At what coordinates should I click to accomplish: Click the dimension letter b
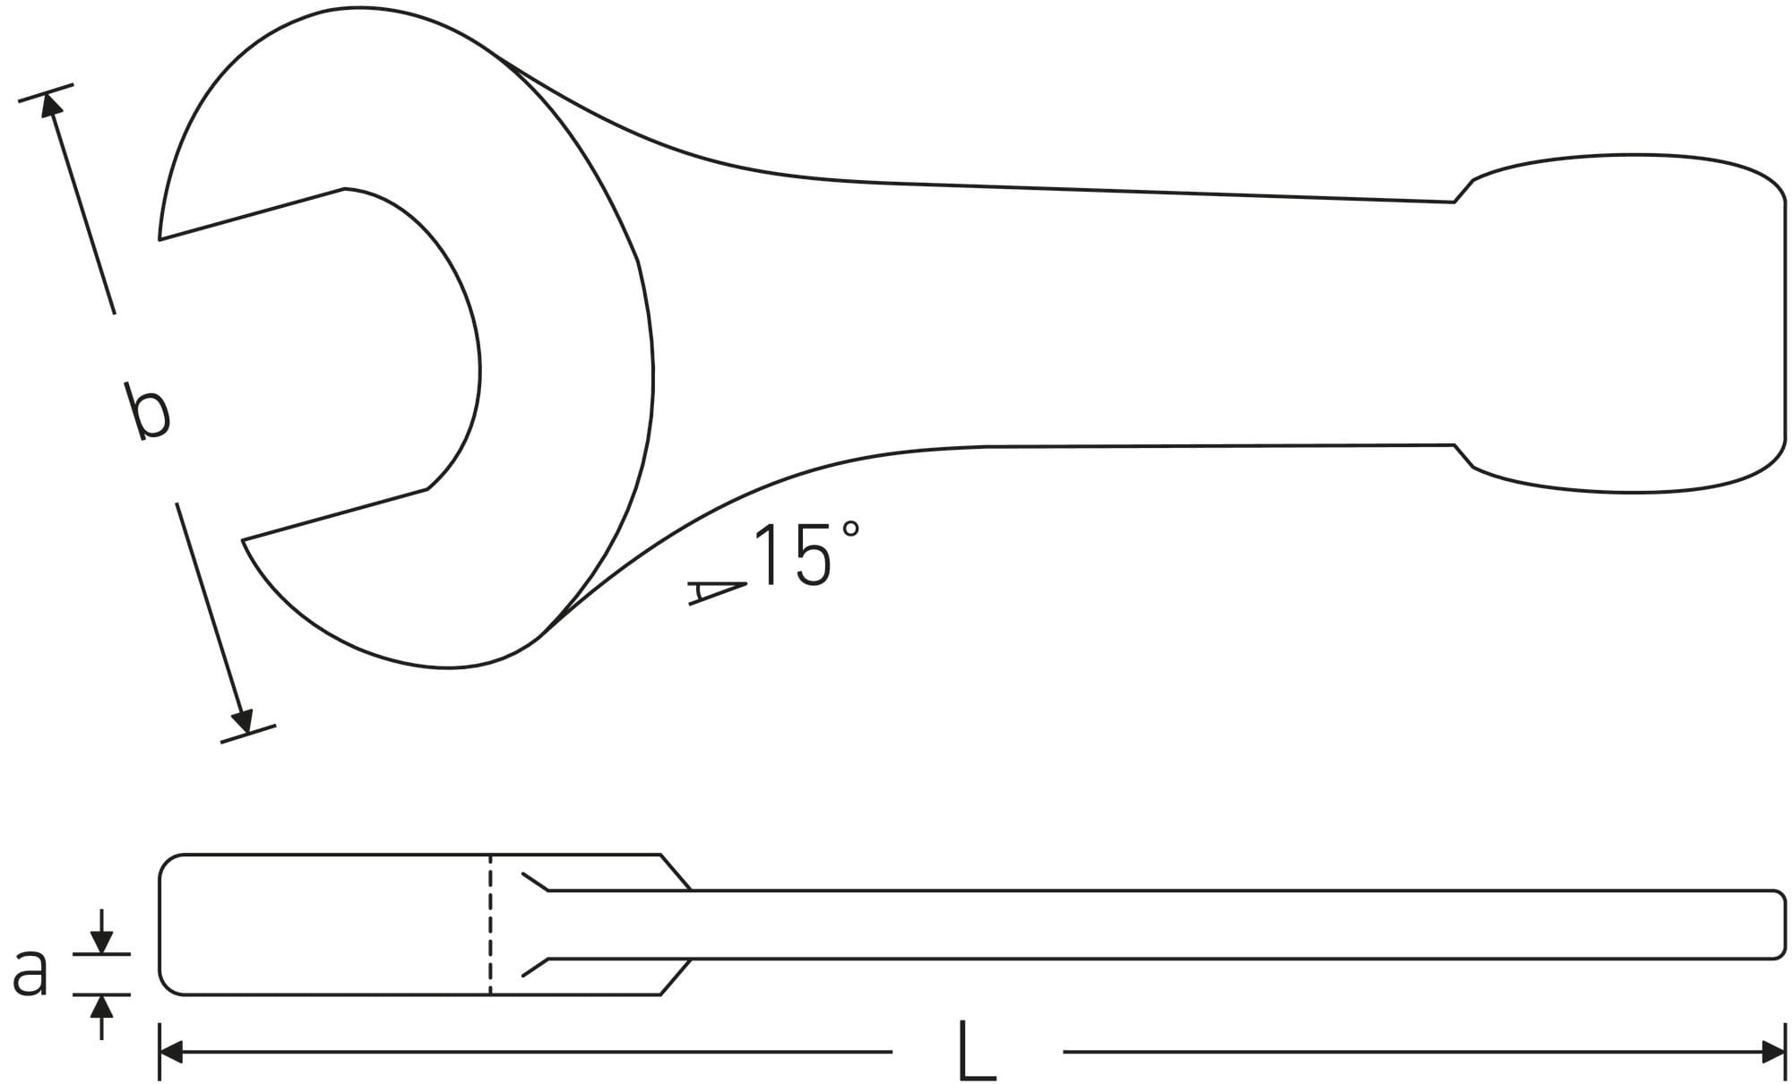[x=148, y=411]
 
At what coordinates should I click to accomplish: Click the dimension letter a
[x=30, y=974]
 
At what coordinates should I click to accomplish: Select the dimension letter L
[x=977, y=1049]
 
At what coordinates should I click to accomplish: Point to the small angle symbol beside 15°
[x=718, y=592]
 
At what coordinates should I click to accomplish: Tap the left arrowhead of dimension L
[x=170, y=1052]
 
